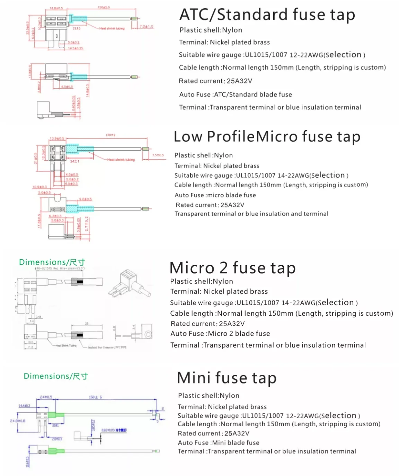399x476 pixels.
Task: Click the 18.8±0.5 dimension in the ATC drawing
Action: pos(56,8)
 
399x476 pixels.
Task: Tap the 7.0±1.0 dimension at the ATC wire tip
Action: pos(147,26)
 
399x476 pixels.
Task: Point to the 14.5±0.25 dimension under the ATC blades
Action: pos(76,48)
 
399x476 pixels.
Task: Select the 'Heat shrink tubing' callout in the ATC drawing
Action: pos(112,28)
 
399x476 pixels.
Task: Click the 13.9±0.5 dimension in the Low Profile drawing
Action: pos(57,138)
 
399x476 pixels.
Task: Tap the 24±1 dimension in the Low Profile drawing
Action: pos(75,161)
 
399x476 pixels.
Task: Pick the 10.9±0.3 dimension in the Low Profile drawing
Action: pos(39,187)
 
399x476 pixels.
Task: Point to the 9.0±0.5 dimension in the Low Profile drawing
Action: pos(86,199)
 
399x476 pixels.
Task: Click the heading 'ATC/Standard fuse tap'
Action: pos(267,15)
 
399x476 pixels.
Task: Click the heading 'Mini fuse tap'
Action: pos(227,378)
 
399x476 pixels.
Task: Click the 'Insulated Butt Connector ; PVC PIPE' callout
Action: pos(107,347)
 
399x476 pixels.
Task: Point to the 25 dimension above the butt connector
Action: pos(87,324)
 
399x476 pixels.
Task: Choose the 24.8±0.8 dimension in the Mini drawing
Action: pos(18,421)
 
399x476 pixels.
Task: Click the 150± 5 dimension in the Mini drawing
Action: pos(95,397)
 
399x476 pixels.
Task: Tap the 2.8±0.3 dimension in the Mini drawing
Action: pos(57,439)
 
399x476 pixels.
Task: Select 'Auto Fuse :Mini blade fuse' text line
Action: pos(218,442)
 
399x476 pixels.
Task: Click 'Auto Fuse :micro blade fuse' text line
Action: pos(215,195)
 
